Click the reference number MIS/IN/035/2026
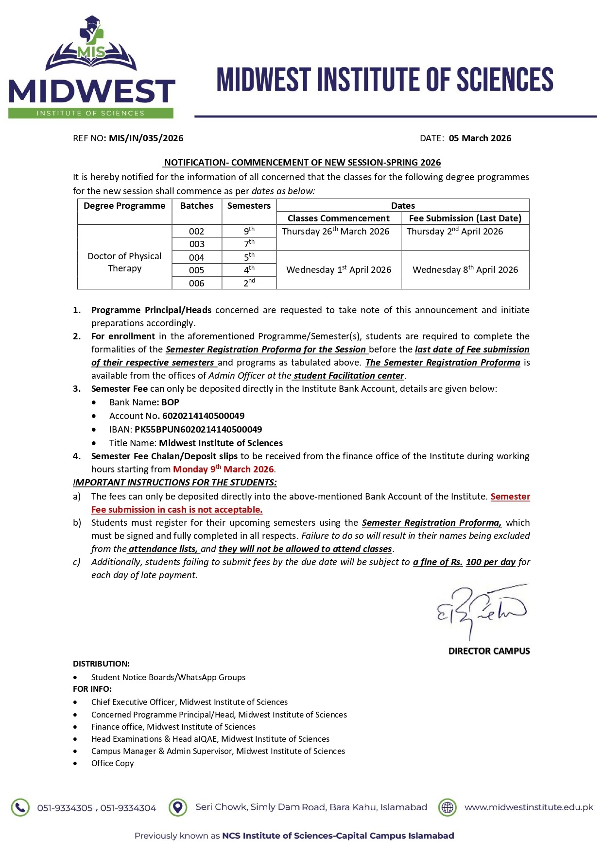(146, 138)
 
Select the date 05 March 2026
(480, 138)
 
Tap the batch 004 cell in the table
(196, 257)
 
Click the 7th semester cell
(249, 244)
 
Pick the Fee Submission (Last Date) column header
(465, 218)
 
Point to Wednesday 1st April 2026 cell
(339, 270)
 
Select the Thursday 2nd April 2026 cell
(455, 232)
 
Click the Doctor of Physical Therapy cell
(124, 262)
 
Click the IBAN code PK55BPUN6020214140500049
(198, 430)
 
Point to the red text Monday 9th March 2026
(224, 469)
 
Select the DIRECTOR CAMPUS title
(489, 651)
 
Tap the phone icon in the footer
(20, 807)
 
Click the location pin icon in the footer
(178, 807)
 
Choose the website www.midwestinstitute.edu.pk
(529, 807)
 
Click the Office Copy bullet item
(112, 763)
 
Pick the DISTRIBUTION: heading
(101, 664)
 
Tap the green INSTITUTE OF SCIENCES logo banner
(90, 113)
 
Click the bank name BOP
(170, 402)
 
